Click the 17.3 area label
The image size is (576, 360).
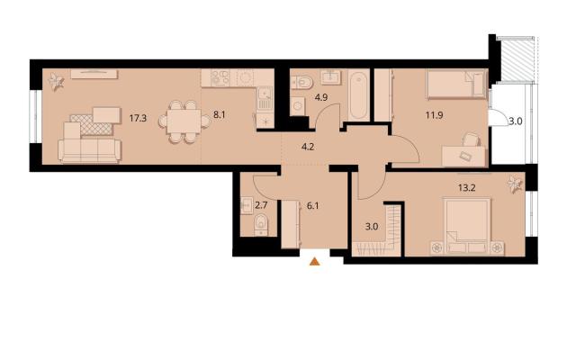[138, 118]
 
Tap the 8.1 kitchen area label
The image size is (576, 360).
[219, 115]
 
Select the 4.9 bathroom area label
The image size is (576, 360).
[321, 97]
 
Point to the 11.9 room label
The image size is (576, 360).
[434, 115]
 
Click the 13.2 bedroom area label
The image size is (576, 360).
[467, 188]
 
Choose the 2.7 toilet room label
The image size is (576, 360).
[261, 205]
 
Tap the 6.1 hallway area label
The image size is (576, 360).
[312, 206]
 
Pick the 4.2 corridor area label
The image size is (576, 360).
[308, 147]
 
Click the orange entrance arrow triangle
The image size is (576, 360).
[314, 262]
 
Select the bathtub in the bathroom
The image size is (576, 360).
[359, 95]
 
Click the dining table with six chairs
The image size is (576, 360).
[184, 121]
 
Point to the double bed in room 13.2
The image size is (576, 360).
[467, 226]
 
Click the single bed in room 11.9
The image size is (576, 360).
[456, 85]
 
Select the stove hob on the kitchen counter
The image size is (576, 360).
[220, 78]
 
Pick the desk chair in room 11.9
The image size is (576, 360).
[472, 140]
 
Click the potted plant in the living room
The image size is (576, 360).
[56, 82]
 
